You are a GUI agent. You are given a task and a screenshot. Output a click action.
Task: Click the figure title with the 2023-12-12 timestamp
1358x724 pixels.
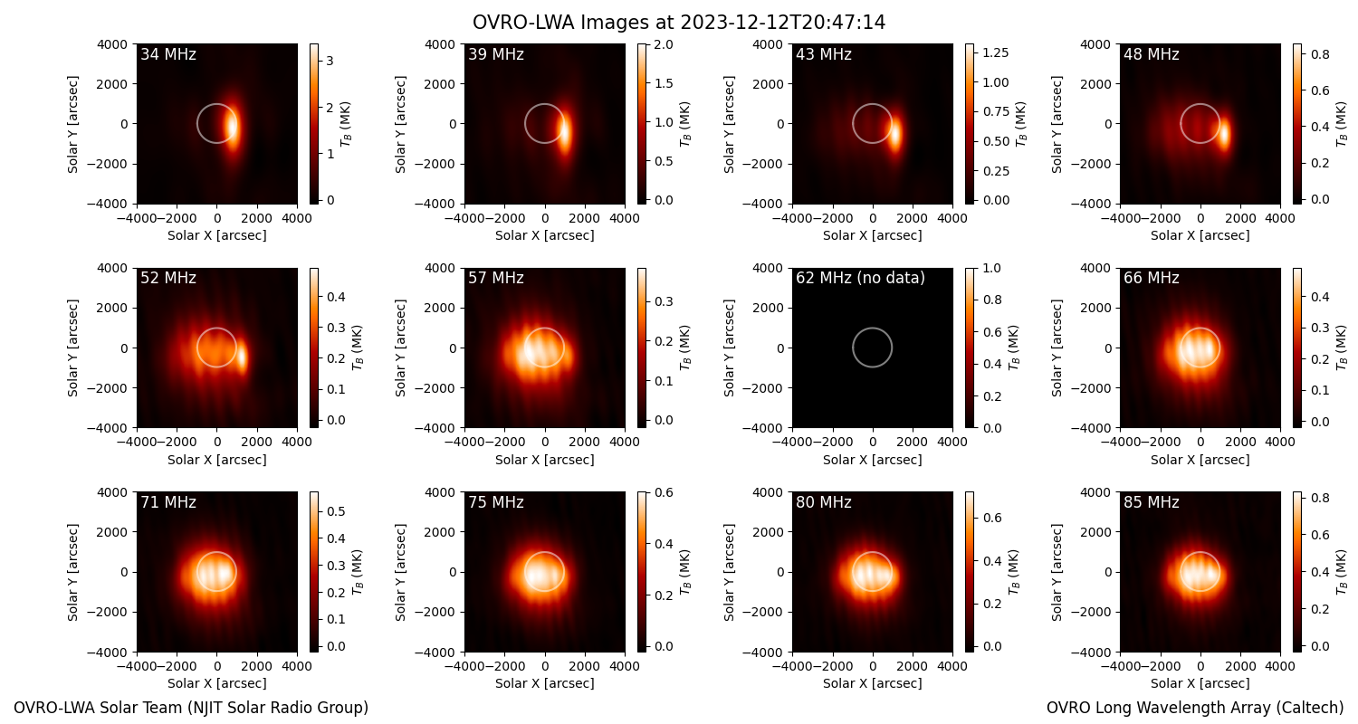[678, 23]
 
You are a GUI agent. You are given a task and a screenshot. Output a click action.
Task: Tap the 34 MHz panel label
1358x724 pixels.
[168, 54]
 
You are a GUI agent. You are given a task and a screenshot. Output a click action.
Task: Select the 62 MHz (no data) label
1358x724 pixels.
[860, 278]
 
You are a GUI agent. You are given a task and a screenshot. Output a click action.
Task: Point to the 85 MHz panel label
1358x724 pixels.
[1152, 502]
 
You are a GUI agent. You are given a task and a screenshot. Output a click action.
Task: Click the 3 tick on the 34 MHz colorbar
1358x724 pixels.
[330, 62]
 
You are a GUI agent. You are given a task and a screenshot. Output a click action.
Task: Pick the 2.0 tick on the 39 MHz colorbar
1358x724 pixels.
[664, 44]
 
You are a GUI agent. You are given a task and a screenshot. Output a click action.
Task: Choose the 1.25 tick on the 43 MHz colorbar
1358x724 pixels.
[996, 52]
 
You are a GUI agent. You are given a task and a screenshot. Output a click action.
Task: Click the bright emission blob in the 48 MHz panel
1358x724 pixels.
[1224, 135]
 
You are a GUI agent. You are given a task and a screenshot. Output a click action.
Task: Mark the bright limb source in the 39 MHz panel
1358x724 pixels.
[564, 132]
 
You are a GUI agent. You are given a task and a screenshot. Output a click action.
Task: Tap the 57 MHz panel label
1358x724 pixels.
[496, 278]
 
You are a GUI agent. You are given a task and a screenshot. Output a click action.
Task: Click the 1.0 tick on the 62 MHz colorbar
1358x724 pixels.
[992, 268]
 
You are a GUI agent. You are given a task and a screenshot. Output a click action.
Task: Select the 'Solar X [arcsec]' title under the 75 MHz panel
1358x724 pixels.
[544, 682]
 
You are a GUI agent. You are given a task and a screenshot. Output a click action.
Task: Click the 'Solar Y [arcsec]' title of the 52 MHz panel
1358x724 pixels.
[72, 348]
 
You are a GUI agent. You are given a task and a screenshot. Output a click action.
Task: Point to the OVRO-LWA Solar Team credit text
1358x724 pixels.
[191, 708]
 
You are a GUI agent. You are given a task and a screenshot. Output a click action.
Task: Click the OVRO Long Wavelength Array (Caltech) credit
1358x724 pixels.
[1195, 708]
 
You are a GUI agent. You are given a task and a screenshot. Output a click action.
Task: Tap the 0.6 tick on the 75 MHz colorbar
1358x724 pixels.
[664, 492]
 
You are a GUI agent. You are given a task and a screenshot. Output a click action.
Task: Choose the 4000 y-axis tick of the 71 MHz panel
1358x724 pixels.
[112, 492]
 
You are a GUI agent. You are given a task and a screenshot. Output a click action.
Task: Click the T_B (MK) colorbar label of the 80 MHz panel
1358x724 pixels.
[1014, 572]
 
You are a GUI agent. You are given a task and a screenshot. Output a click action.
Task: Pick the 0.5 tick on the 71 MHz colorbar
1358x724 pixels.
[336, 511]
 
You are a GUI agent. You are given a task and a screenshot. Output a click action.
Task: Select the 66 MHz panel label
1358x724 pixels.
[1152, 278]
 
